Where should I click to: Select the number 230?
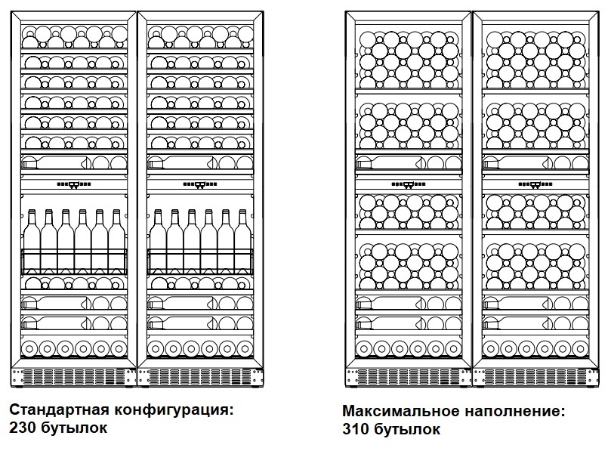(22, 428)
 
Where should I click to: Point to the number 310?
(356, 430)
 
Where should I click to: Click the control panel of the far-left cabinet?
(74, 184)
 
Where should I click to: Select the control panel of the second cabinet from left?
(200, 184)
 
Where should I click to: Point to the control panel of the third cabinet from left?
(409, 183)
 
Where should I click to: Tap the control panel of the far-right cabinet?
(535, 183)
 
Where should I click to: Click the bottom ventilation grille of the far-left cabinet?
(74, 376)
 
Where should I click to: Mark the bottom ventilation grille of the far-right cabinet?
(535, 376)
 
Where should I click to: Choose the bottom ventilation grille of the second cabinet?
(200, 376)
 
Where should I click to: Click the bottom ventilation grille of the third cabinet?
(409, 376)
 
